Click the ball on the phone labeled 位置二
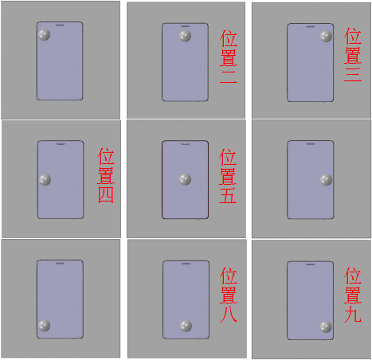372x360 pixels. pos(185,37)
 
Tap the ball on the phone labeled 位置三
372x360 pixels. pos(325,36)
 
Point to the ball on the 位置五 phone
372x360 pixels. pos(185,180)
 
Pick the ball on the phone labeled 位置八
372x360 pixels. pos(186,326)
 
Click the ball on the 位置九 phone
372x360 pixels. pos(325,327)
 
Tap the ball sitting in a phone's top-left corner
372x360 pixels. pos(45,35)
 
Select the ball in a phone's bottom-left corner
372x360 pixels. pos(45,326)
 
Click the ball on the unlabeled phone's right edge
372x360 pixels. pos(325,180)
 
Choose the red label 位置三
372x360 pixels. pos(353,58)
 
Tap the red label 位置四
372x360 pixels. pos(106,176)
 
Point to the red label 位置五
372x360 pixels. pos(228,176)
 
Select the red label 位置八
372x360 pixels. pos(228,295)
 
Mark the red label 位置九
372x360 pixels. pos(353,295)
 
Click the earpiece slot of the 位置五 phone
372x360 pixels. pos(185,144)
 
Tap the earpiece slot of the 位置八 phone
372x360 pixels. pos(185,264)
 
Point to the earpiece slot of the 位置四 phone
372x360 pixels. pos(61,144)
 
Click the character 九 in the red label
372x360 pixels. pos(353,314)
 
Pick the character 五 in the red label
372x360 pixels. pos(228,195)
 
